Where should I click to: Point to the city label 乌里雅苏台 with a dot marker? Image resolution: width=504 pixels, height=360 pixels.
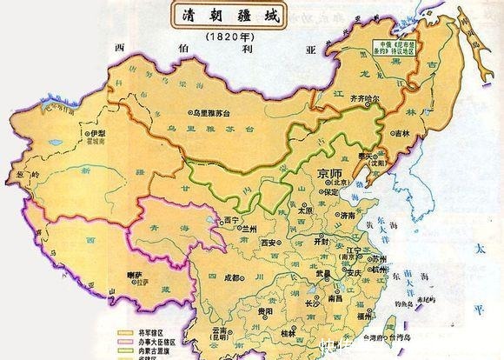[x=216, y=113]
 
